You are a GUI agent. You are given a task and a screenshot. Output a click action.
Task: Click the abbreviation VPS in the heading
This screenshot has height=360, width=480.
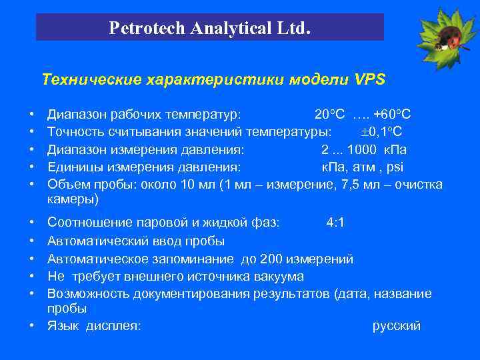click(370, 80)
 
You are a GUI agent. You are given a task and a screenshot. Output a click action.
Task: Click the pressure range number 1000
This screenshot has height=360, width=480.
click(371, 149)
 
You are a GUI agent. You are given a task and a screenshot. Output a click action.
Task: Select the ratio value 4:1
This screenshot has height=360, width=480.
click(335, 222)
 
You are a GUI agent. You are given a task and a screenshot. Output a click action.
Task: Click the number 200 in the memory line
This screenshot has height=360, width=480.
click(271, 259)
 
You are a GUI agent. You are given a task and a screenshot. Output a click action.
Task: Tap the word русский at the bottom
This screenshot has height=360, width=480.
click(396, 326)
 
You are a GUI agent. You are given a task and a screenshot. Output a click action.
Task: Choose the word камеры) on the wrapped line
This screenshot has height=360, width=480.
click(73, 199)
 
